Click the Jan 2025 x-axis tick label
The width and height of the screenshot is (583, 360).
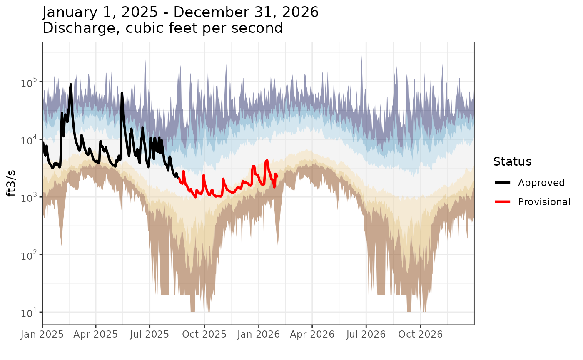click(x=42, y=334)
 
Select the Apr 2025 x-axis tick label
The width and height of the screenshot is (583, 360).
click(x=96, y=334)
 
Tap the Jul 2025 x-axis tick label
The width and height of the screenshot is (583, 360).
click(x=149, y=334)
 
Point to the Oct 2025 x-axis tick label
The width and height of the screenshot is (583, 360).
click(x=204, y=334)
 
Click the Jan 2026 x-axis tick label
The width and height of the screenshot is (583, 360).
click(x=259, y=334)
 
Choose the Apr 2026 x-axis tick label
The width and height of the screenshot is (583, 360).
click(x=312, y=334)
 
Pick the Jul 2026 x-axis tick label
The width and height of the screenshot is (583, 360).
click(x=366, y=334)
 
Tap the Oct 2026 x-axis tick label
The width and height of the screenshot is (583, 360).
click(x=421, y=334)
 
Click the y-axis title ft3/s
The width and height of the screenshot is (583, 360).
click(x=12, y=184)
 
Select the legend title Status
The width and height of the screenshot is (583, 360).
click(x=512, y=161)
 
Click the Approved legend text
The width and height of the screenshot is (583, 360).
click(x=541, y=183)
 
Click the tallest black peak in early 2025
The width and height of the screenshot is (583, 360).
click(x=71, y=84)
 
